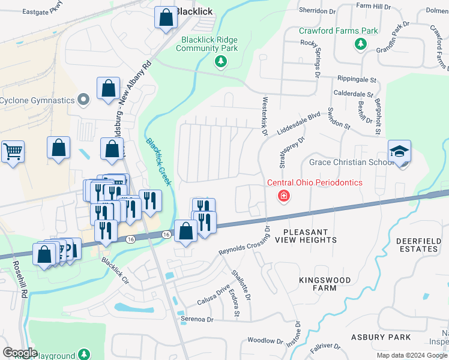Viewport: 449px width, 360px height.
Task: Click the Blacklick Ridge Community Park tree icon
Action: pos(221,61)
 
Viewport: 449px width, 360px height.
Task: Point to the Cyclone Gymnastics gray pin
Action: pos(85,100)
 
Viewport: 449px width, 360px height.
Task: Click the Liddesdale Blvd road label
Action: pos(299,124)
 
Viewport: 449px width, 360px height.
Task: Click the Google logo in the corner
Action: pos(20,353)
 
